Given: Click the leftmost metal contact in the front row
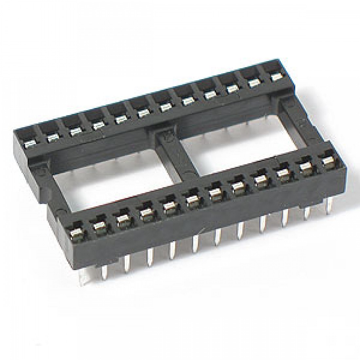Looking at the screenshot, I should click(x=75, y=232).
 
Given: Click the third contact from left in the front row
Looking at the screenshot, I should click(x=121, y=219).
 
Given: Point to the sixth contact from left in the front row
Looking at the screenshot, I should click(x=190, y=200).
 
